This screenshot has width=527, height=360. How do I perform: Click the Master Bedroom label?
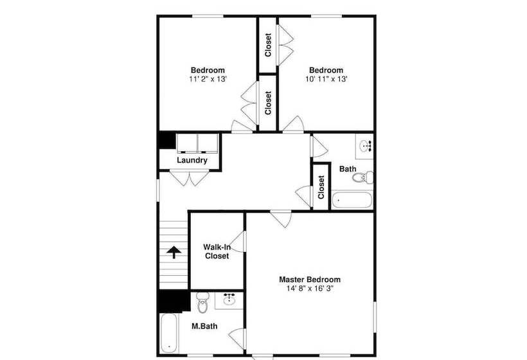pos(310,280)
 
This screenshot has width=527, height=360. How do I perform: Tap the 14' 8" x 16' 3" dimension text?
pos(310,289)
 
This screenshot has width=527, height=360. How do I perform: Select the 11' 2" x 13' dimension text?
pos(208,79)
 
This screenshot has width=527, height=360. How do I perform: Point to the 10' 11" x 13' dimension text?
pos(326,79)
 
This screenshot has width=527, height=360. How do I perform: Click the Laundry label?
pos(192,160)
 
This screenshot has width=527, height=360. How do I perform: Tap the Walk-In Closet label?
pos(217,251)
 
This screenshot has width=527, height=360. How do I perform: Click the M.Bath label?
pos(204,326)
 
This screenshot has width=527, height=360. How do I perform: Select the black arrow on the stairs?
pos(174,252)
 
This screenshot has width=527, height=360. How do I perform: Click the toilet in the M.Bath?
pos(202,303)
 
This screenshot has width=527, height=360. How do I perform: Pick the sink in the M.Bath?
pos(229,299)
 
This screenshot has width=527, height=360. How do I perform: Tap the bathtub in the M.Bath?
pos(168,333)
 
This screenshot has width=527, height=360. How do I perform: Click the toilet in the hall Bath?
pos(363,177)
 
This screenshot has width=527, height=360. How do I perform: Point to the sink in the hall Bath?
pos(365,146)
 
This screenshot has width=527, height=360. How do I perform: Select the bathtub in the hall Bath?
pos(352,200)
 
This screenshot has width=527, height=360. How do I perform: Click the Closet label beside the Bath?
pos(321,187)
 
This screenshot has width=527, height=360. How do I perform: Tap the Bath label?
pos(348,168)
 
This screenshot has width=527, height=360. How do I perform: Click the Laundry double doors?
pos(189,178)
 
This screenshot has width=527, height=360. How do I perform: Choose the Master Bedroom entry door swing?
pos(281,219)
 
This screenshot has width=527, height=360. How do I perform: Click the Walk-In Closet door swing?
pos(238,241)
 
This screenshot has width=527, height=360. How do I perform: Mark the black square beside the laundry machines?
pos(167,141)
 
